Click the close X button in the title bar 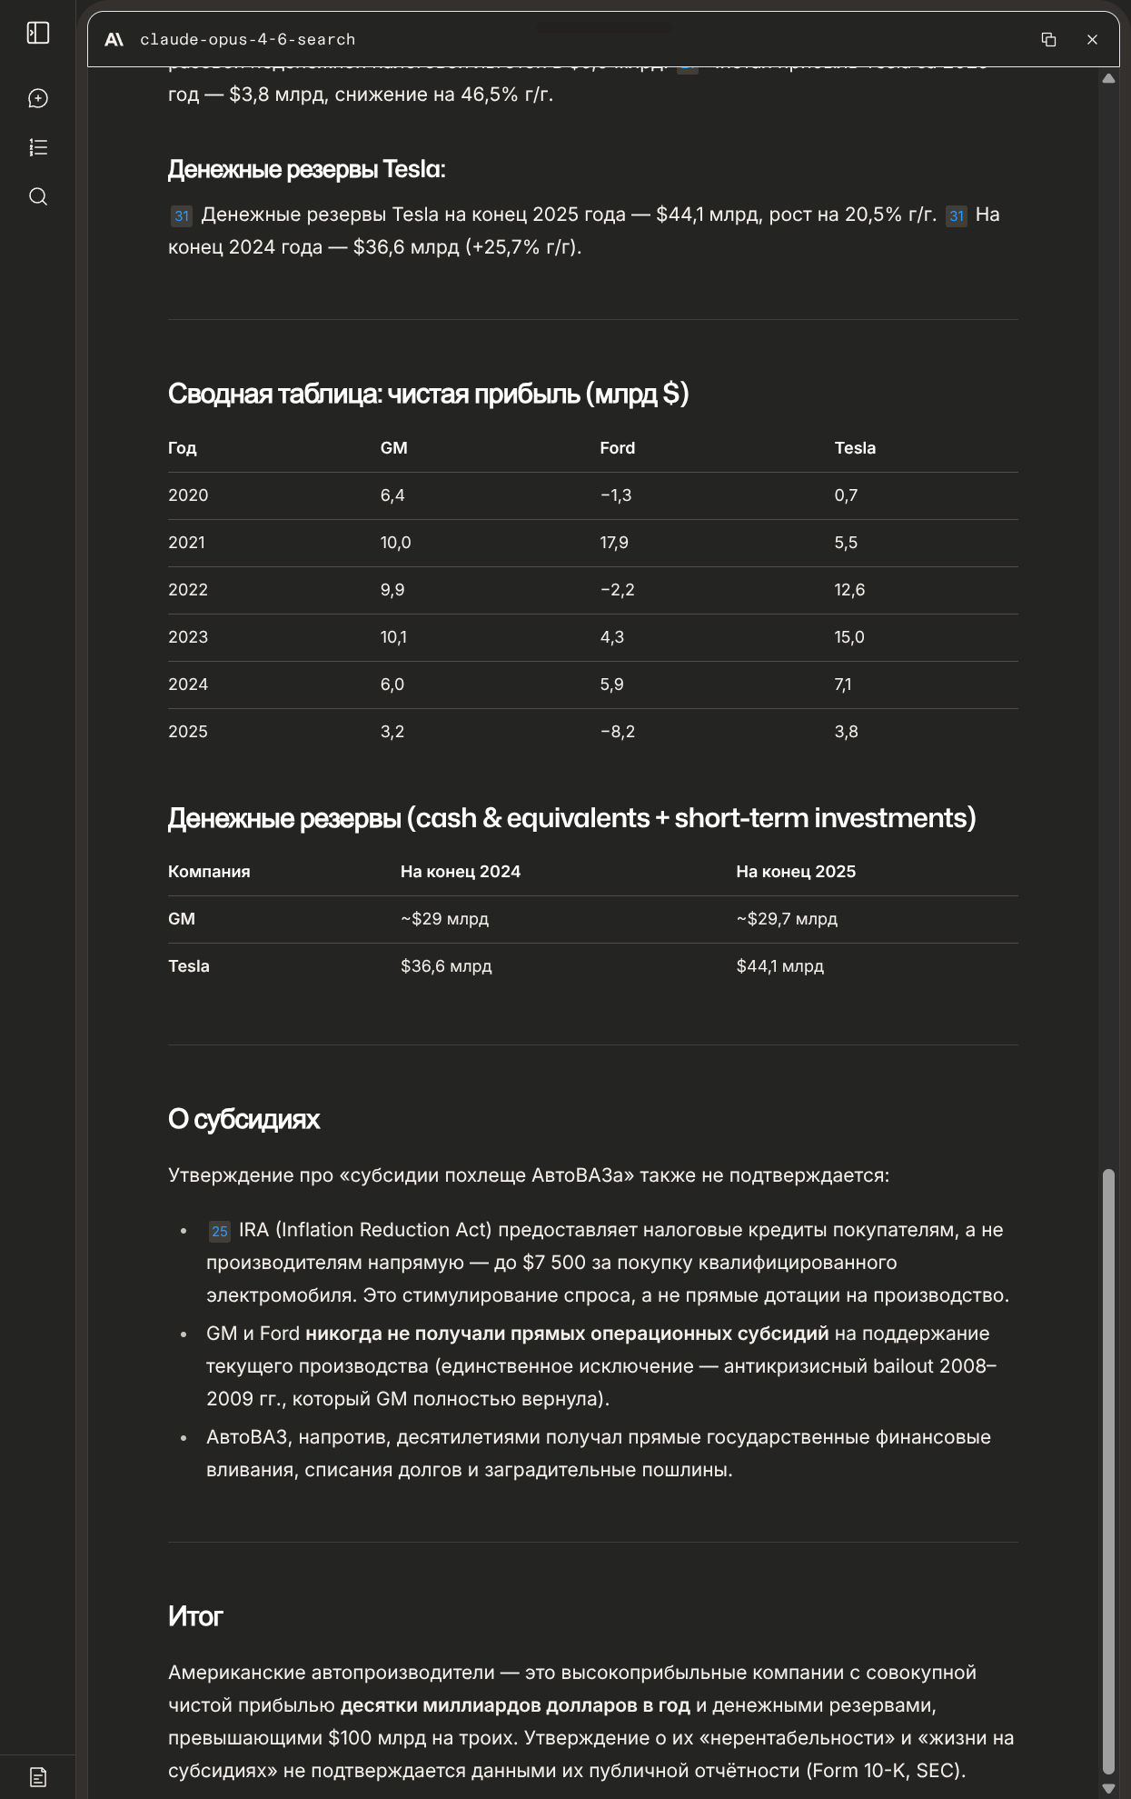point(1092,40)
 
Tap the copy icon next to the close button point(1048,40)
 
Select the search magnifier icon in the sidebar point(38,196)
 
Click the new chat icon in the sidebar point(38,98)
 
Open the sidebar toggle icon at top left point(38,34)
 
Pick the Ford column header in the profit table point(617,448)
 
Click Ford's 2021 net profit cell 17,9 point(614,543)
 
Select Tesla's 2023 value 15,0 point(849,637)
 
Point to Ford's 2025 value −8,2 point(618,732)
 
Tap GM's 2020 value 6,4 point(392,495)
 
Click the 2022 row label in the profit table point(188,590)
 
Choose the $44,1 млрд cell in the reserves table point(779,966)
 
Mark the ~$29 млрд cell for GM point(444,919)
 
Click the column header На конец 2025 point(796,872)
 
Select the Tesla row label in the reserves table point(189,966)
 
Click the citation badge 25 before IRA point(219,1231)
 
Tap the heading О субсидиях point(243,1119)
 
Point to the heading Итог point(195,1616)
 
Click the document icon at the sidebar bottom point(38,1777)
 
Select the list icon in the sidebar point(38,147)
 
